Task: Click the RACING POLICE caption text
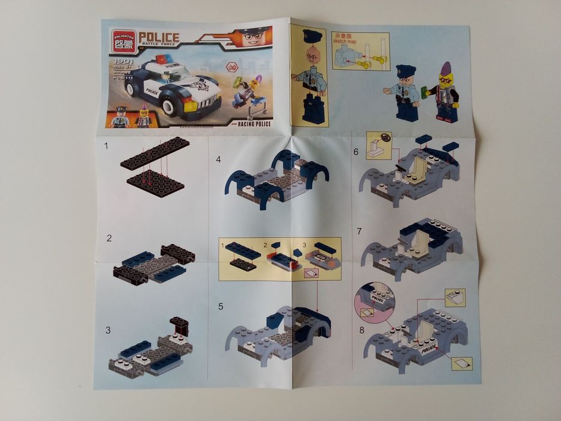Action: [253, 124]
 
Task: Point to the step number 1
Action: [106, 146]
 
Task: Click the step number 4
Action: [218, 159]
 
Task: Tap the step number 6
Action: [355, 152]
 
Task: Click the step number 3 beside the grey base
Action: [108, 330]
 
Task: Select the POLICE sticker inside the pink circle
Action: [376, 298]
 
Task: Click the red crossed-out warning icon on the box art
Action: [232, 66]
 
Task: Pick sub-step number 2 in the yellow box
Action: [265, 245]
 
